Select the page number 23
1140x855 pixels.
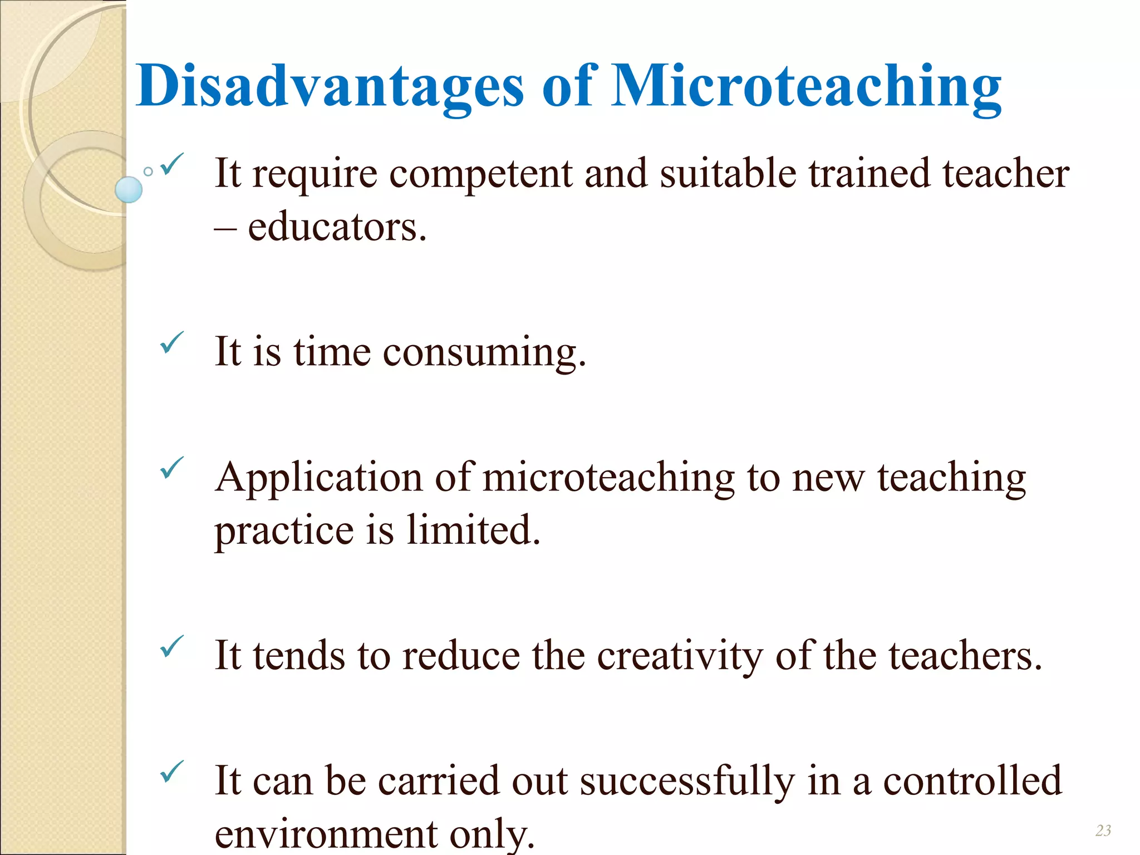[1103, 831]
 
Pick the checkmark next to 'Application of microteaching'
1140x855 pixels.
[171, 468]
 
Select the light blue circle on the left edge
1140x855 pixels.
[129, 189]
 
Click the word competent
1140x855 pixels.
[480, 174]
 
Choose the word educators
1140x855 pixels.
[337, 227]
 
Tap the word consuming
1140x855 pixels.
[484, 352]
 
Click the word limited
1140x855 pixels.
[473, 529]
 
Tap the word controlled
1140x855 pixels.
[972, 781]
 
